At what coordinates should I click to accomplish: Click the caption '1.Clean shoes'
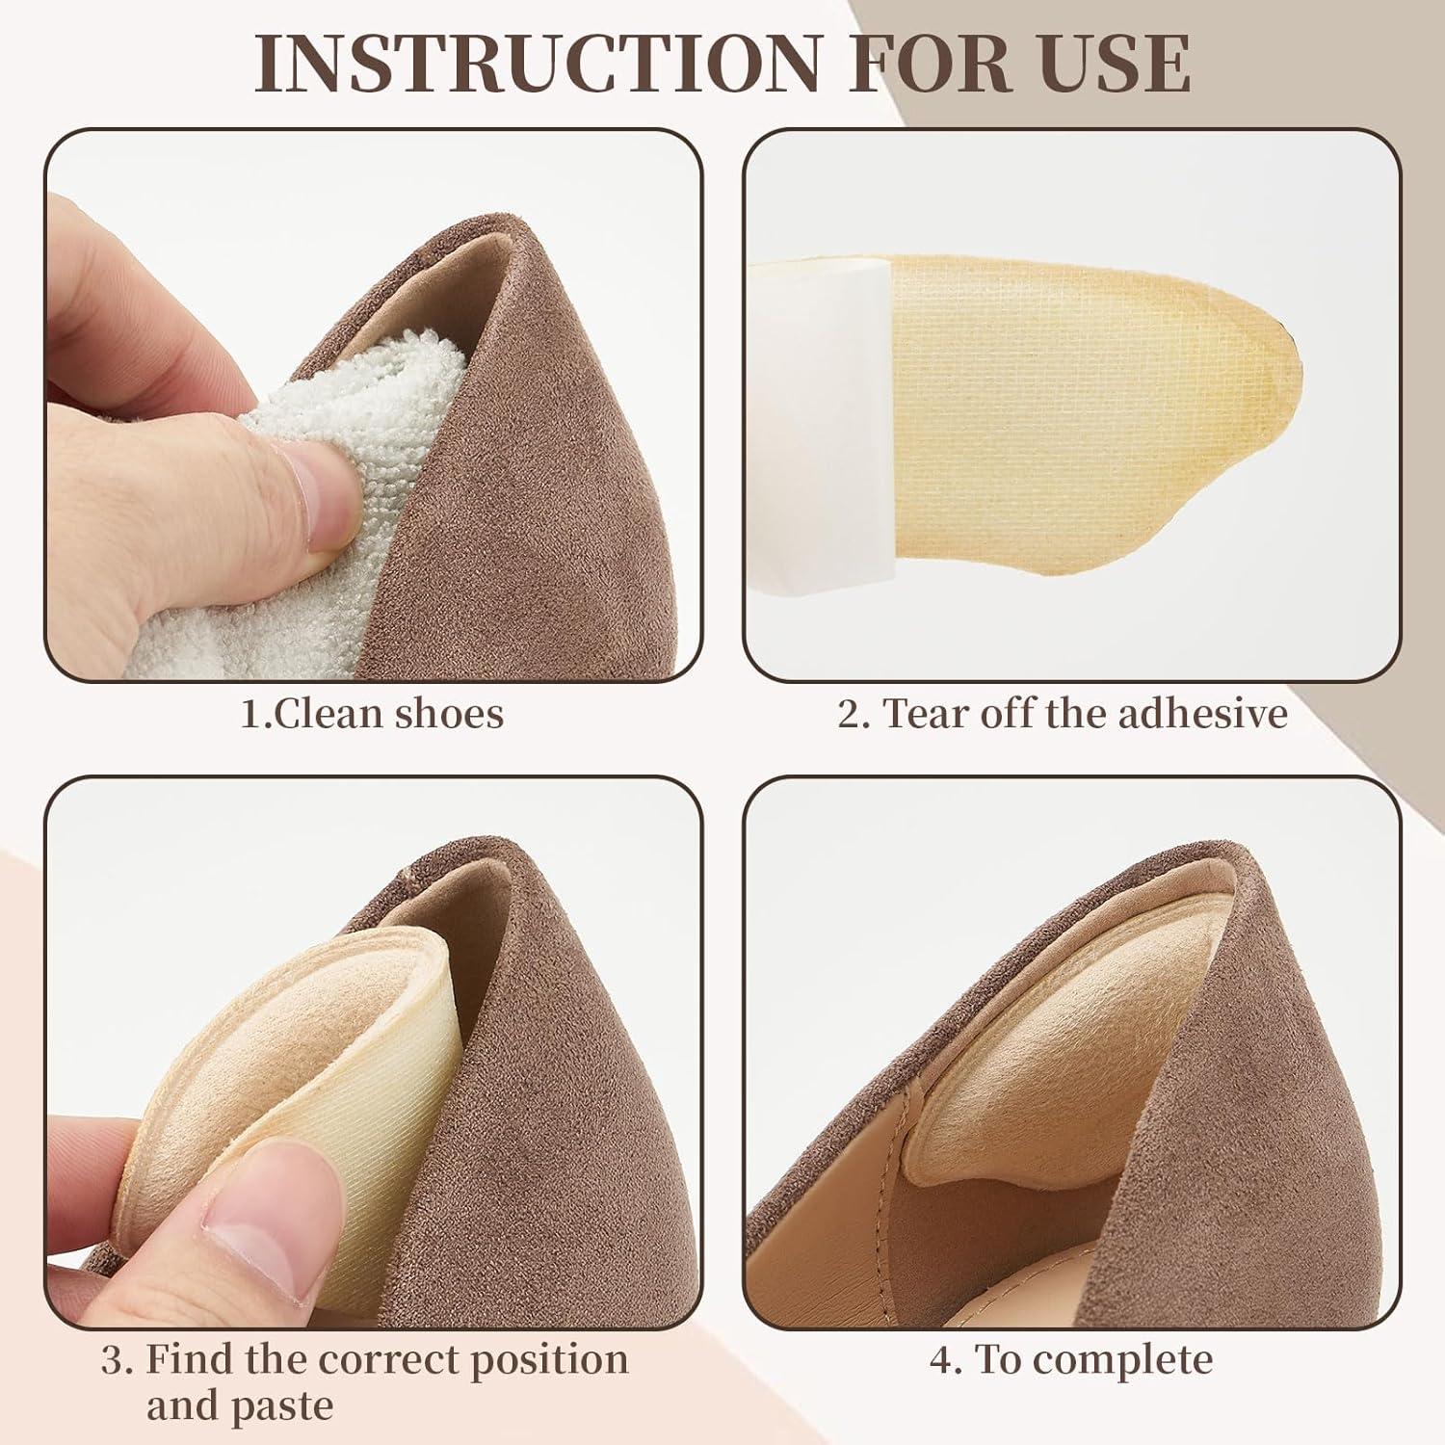tap(372, 715)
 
